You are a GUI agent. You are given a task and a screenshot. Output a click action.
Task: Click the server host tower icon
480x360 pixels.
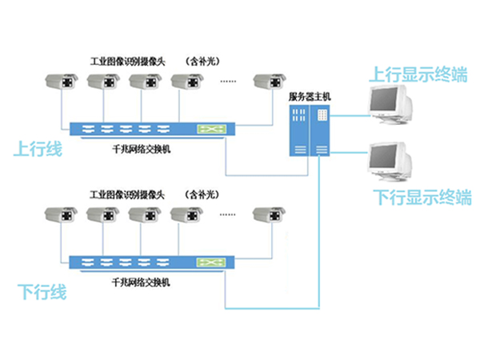pos(309,130)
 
